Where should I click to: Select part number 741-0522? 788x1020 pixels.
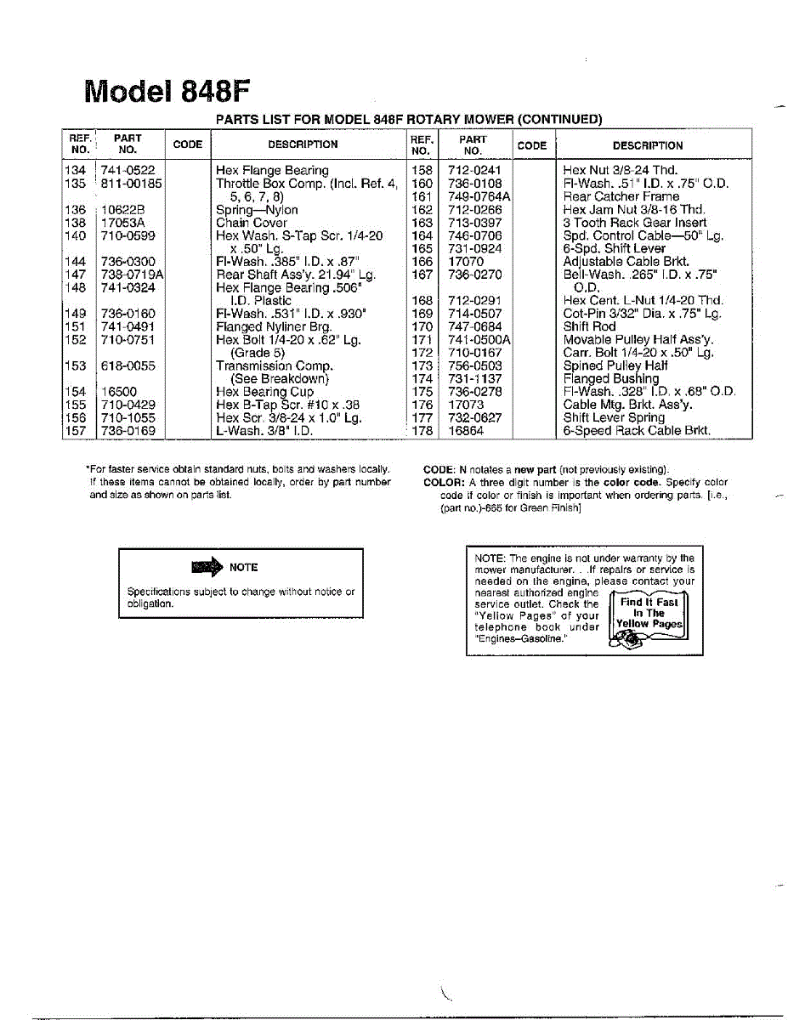click(128, 170)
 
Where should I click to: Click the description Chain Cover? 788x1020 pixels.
click(252, 223)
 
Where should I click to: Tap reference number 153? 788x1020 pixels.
click(76, 365)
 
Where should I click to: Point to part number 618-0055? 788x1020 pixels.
click(128, 365)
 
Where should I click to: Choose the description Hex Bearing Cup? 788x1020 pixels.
click(264, 392)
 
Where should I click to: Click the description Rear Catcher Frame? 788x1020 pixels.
click(621, 196)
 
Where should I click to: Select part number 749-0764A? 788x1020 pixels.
click(479, 196)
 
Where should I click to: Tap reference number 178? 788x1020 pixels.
click(422, 431)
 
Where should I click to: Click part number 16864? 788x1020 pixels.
click(466, 431)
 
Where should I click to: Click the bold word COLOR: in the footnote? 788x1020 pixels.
click(444, 482)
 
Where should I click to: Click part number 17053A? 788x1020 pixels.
click(122, 223)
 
